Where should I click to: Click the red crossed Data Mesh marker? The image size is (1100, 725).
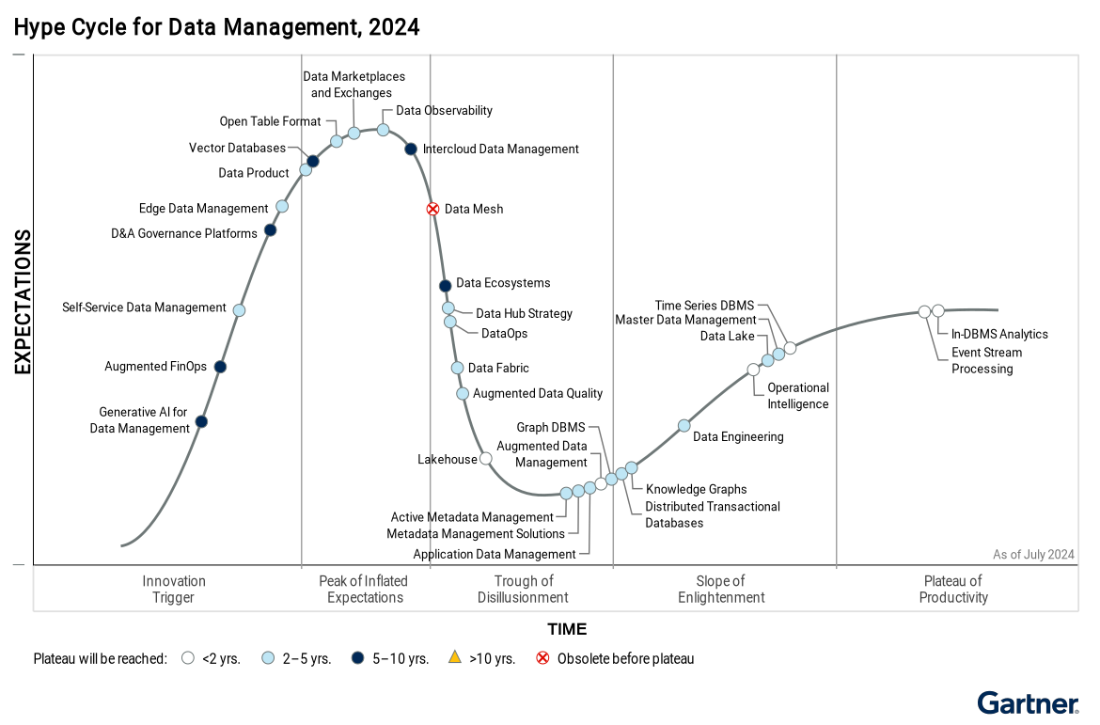click(432, 209)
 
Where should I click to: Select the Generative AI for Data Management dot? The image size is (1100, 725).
click(201, 421)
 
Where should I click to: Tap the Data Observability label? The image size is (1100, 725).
click(444, 110)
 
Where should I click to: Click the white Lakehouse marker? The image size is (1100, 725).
click(485, 459)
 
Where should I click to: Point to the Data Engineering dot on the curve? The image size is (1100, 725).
click(684, 425)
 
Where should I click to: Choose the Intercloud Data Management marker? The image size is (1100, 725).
click(411, 149)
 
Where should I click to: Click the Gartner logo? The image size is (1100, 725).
click(1028, 703)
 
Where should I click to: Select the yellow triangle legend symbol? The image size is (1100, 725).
click(454, 658)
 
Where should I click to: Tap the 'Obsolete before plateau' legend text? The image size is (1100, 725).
click(625, 658)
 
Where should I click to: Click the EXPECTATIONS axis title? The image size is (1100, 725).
click(24, 302)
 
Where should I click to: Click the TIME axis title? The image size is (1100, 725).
click(567, 629)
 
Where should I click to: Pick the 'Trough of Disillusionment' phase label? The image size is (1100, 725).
click(523, 589)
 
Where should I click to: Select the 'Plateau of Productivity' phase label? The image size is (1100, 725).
click(953, 589)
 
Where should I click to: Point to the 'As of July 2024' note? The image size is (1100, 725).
click(1033, 555)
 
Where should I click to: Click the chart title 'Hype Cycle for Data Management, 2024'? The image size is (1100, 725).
click(217, 27)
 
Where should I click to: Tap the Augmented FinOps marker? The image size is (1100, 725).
click(220, 367)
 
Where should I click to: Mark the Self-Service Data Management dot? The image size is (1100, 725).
click(239, 310)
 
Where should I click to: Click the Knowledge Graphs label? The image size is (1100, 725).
click(696, 489)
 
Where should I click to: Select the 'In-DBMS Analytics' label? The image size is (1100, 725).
click(999, 334)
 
